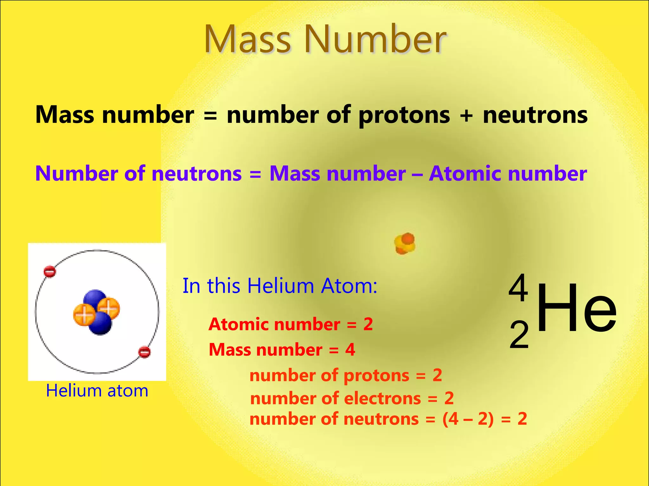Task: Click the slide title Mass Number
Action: click(x=325, y=40)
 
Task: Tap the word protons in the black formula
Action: click(x=404, y=115)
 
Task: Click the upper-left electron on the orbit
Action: click(x=50, y=271)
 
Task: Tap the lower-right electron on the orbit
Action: click(x=145, y=352)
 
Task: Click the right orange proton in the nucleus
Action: click(x=109, y=307)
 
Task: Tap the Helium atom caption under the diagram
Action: click(x=97, y=391)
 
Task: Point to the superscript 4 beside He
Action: click(x=518, y=288)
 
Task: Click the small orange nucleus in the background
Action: click(x=405, y=244)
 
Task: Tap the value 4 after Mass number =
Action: click(x=350, y=350)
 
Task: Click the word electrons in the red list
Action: click(x=382, y=399)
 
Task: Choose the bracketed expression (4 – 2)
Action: click(x=468, y=419)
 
